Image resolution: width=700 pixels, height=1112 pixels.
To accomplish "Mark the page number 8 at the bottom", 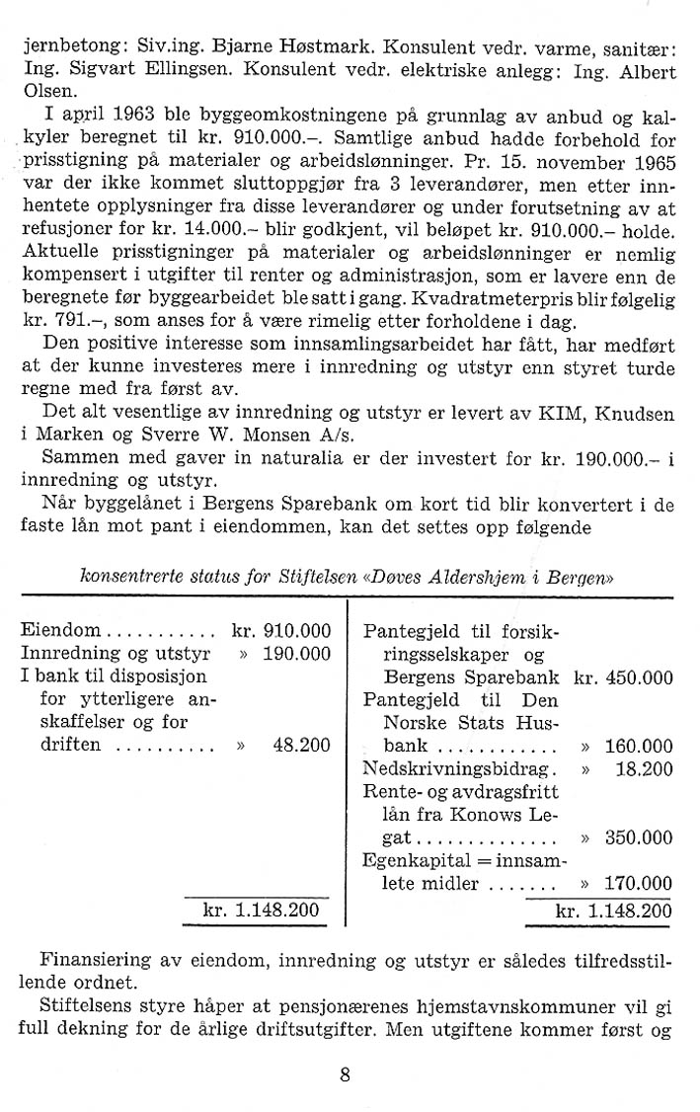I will [x=345, y=1075].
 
